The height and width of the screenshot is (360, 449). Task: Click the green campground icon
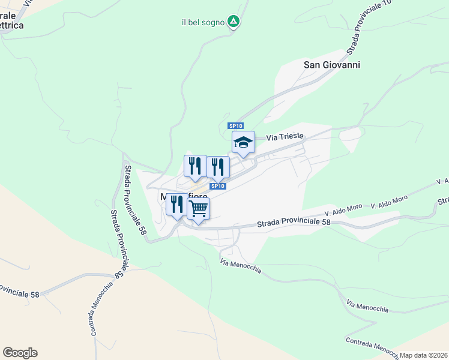(x=234, y=22)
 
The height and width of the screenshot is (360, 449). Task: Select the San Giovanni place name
(x=332, y=65)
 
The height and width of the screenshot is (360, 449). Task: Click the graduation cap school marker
(x=243, y=143)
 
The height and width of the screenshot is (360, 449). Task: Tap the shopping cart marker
(x=198, y=209)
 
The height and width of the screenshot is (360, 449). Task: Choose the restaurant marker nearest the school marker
(x=218, y=166)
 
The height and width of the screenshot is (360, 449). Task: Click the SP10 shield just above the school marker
(x=235, y=125)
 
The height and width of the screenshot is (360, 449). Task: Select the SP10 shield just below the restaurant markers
(x=218, y=187)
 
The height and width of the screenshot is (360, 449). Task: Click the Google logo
(x=20, y=353)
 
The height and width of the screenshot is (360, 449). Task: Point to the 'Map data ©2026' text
(x=424, y=355)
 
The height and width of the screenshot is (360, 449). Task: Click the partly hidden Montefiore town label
(x=184, y=196)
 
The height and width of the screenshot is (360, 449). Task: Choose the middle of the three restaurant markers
(x=195, y=166)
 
